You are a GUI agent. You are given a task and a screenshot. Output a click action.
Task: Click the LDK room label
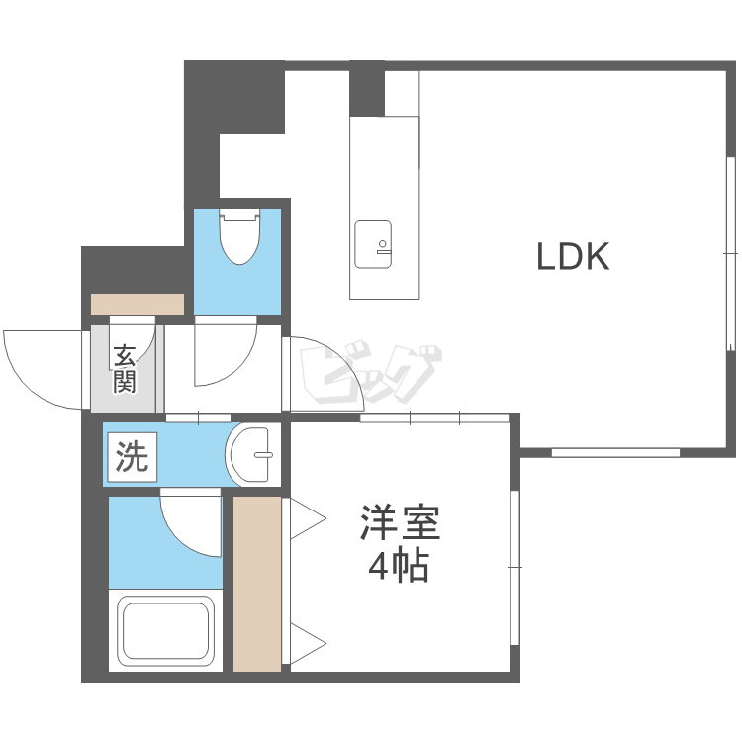coord(573,256)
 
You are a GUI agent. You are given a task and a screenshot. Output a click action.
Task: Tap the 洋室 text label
coord(401,523)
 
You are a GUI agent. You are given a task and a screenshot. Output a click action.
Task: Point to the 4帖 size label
coord(399,566)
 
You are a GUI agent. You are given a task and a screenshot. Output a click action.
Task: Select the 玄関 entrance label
coord(125,369)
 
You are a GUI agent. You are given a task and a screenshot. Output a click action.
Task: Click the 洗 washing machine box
coord(132,457)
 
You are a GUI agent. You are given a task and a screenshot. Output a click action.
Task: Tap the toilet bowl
coord(239,236)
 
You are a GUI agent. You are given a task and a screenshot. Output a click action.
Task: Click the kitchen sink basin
coord(373,244)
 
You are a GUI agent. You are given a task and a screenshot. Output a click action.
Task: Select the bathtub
coord(165,630)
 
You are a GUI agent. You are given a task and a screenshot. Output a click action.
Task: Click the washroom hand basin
coord(251,454)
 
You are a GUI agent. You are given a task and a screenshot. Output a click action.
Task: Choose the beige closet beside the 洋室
coord(257,584)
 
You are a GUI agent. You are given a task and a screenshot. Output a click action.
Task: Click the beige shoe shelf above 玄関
coord(138,304)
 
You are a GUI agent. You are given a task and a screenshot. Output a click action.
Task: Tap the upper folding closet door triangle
coord(308,518)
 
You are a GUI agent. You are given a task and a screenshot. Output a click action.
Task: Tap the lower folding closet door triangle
coord(308,644)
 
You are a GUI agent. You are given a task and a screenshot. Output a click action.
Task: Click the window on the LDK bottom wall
coord(615,452)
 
